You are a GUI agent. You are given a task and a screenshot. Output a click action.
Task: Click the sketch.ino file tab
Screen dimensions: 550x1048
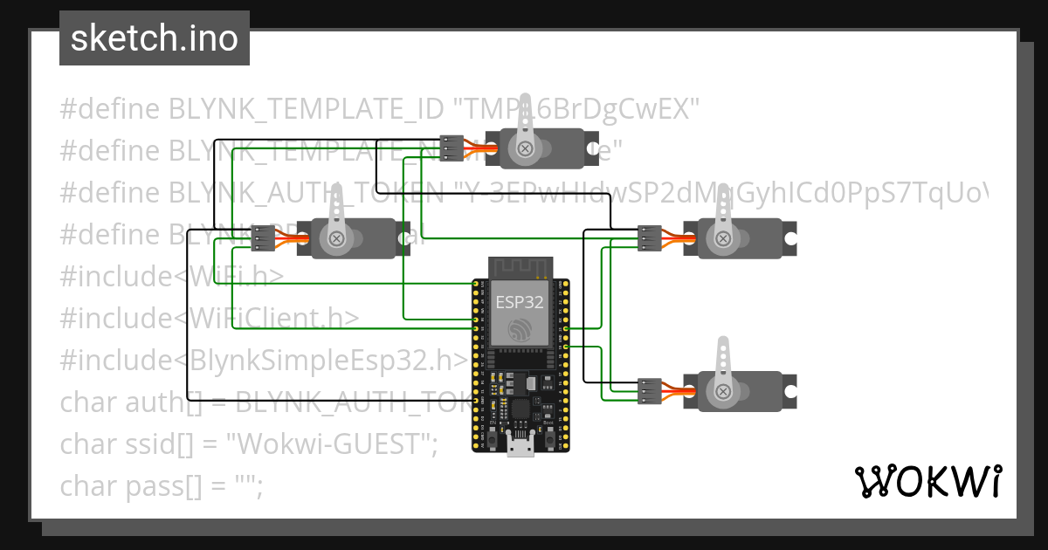[x=155, y=38]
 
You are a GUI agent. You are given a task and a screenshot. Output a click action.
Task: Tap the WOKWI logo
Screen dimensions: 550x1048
[x=927, y=482]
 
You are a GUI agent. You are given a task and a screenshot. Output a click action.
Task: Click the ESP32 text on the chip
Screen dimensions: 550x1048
[x=520, y=303]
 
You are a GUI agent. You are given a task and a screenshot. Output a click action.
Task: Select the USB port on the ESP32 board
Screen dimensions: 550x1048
[x=521, y=446]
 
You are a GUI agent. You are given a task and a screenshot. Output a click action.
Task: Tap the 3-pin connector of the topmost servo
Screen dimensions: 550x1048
[x=452, y=148]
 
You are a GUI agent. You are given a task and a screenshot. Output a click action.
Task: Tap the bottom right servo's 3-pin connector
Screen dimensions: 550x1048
[x=648, y=391]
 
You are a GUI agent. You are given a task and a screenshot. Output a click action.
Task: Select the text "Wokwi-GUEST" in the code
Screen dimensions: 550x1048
[x=332, y=444]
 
